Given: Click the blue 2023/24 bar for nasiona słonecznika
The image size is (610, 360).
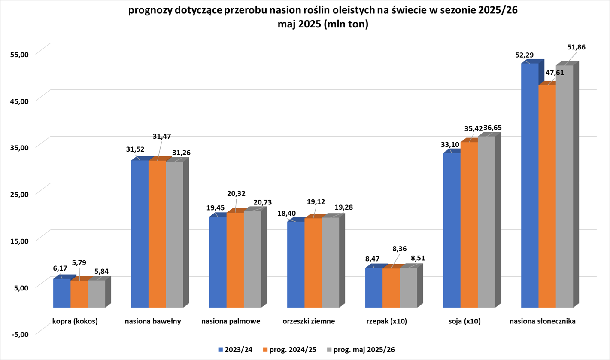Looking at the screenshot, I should pyautogui.click(x=529, y=185).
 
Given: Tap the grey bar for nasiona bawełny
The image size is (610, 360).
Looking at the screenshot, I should pyautogui.click(x=174, y=234).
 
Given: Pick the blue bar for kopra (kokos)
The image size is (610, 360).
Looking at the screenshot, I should pyautogui.click(x=61, y=293).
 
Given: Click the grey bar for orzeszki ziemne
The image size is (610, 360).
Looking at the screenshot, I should pyautogui.click(x=330, y=262).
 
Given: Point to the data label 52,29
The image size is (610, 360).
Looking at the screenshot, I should pyautogui.click(x=525, y=55).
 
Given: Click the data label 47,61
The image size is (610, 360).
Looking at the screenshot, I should pyautogui.click(x=555, y=73).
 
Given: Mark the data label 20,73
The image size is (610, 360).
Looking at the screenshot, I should pyautogui.click(x=263, y=202).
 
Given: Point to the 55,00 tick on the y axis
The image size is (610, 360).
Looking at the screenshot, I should pyautogui.click(x=18, y=54).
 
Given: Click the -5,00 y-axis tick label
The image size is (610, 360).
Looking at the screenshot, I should pyautogui.click(x=18, y=334).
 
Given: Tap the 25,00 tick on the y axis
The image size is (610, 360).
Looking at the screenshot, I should pyautogui.click(x=18, y=194).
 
